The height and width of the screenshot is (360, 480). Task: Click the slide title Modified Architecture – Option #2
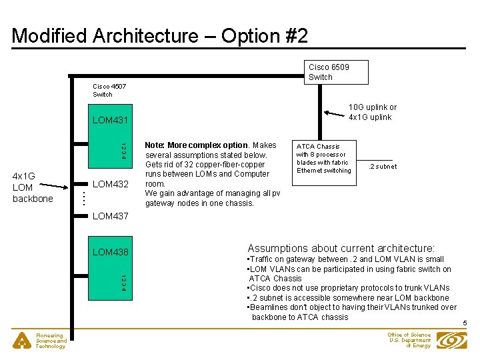click(x=160, y=35)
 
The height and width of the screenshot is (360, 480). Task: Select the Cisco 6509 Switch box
click(x=337, y=72)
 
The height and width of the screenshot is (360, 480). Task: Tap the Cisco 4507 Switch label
click(x=109, y=91)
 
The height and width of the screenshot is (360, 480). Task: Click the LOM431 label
click(x=110, y=120)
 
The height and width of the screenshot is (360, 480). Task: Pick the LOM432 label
click(x=110, y=184)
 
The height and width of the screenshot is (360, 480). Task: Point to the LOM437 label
click(x=110, y=216)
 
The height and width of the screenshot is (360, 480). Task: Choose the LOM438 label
click(x=110, y=252)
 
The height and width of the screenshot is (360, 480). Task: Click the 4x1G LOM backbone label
click(x=33, y=187)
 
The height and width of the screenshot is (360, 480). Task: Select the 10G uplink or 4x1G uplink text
click(x=372, y=112)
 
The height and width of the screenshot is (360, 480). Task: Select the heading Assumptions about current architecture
click(x=341, y=247)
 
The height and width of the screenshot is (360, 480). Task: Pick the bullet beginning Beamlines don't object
click(x=351, y=312)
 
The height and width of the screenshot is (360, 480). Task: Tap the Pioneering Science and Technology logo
click(x=23, y=341)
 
